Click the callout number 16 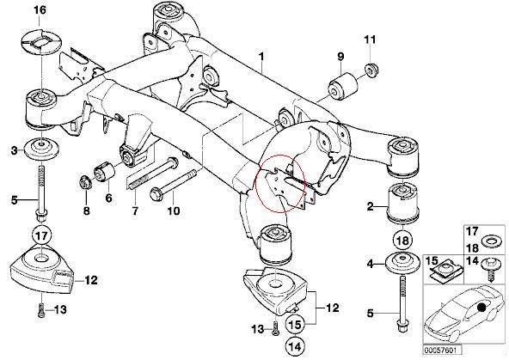(x=40, y=10)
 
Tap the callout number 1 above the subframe (x=261, y=57)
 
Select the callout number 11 (x=370, y=40)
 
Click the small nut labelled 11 (x=371, y=70)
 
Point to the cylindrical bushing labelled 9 (x=343, y=86)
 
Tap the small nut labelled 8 (x=86, y=182)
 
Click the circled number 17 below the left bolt (x=42, y=235)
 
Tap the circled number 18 (x=402, y=241)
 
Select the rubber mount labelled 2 (x=402, y=204)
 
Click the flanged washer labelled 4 (x=402, y=264)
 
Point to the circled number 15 (x=296, y=324)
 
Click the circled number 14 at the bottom (x=296, y=346)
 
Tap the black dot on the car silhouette (x=481, y=307)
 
